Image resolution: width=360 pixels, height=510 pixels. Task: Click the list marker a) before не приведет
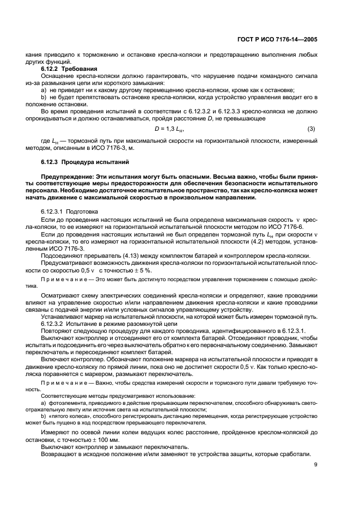(44, 90)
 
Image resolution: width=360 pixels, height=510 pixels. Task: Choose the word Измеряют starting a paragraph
(57, 432)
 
